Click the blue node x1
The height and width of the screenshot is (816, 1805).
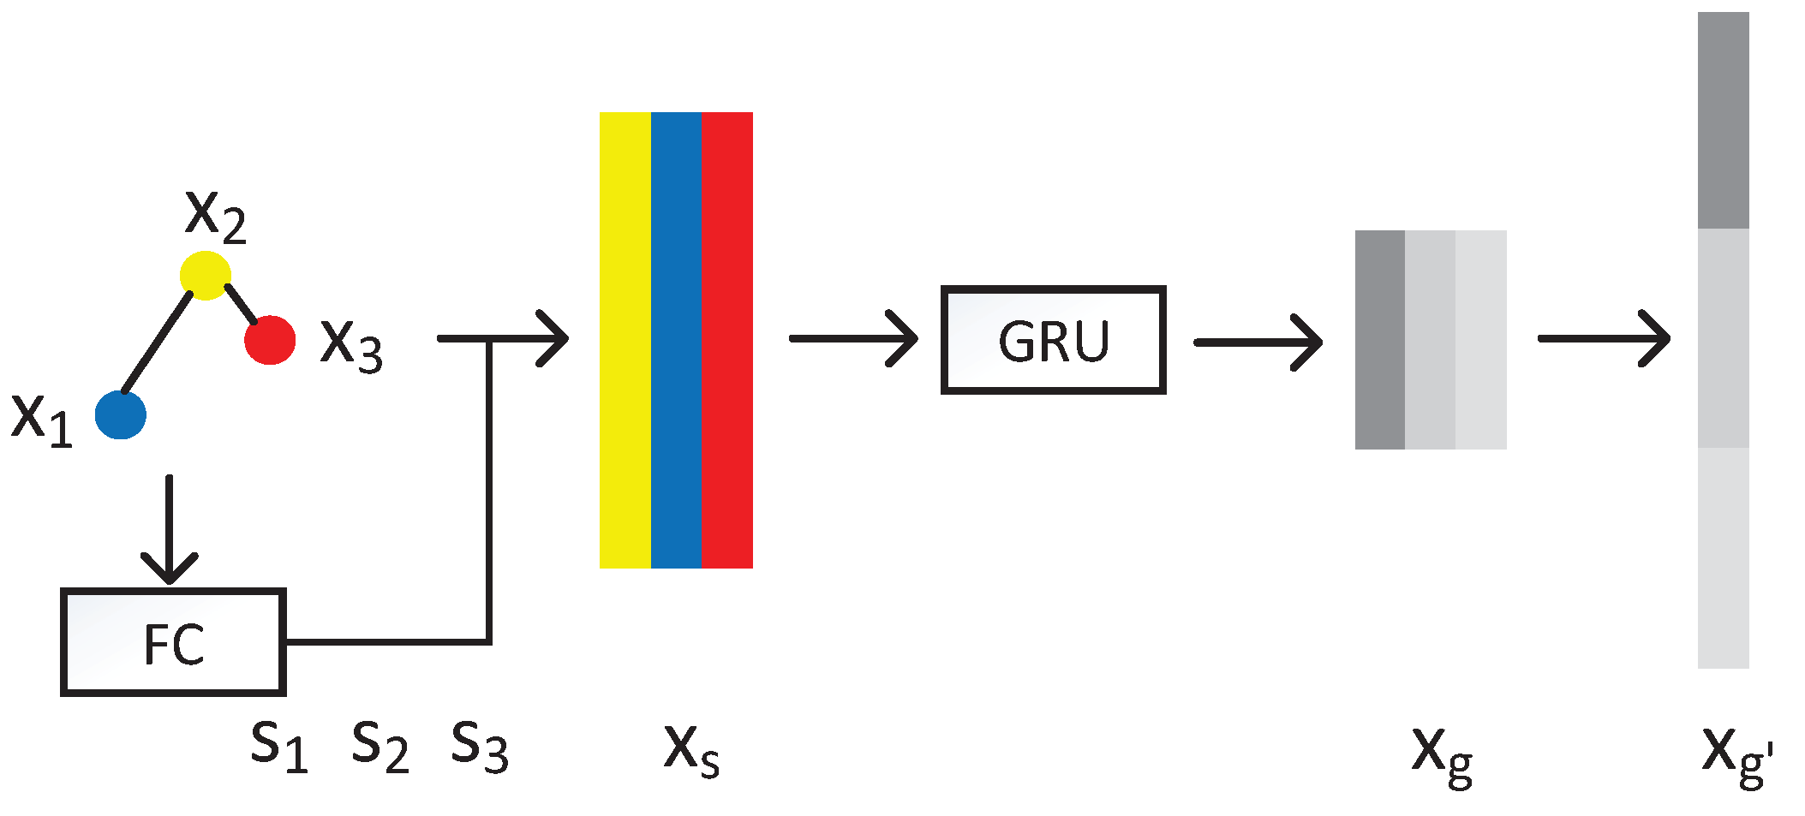[x=121, y=414]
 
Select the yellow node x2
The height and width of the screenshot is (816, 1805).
[x=206, y=275]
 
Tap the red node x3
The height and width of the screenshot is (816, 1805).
[x=270, y=340]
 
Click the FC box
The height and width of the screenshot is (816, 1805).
[x=173, y=642]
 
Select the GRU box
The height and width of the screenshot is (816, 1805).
[x=1053, y=340]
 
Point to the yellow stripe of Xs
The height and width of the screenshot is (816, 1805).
[x=625, y=340]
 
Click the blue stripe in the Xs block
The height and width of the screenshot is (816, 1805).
[x=676, y=340]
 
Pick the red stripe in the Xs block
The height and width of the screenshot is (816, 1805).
[x=727, y=340]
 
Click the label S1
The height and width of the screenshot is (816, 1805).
[x=278, y=745]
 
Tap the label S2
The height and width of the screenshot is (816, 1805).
[x=380, y=745]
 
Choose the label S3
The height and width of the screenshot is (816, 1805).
[x=480, y=745]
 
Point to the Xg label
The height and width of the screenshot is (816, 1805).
[x=1442, y=753]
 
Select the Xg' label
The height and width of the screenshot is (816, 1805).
[x=1735, y=753]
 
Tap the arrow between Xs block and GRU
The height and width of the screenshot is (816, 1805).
[x=852, y=339]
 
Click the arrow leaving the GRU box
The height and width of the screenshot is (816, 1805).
[x=1258, y=342]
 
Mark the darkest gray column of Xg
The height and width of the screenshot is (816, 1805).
[x=1379, y=340]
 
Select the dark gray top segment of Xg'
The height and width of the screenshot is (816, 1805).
[x=1723, y=120]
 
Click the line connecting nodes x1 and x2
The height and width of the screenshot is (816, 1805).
[x=158, y=342]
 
